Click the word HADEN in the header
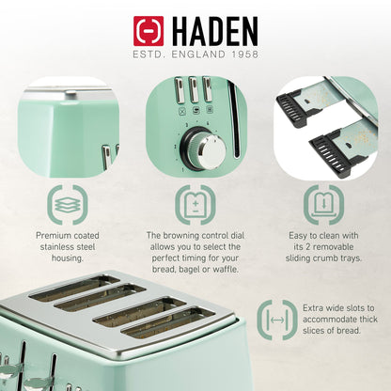pos(212,29)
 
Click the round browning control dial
pos(200,149)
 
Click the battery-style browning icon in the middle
pos(195,202)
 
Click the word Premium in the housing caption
pos(55,235)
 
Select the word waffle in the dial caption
pos(228,270)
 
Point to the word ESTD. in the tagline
pos(150,55)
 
